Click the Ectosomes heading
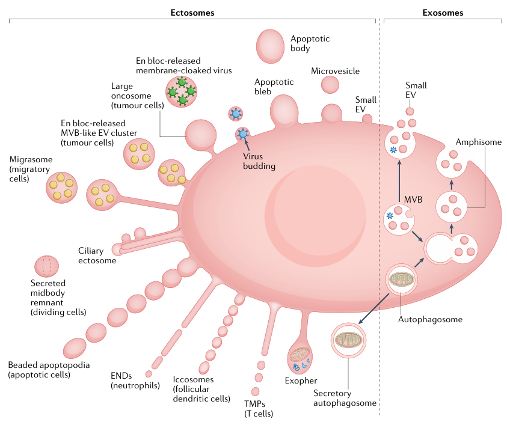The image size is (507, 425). (x=193, y=12)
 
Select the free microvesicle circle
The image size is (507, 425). (x=329, y=84)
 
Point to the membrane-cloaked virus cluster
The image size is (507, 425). (x=182, y=90)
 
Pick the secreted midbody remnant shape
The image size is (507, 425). (x=46, y=265)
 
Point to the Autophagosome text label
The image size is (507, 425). (x=430, y=319)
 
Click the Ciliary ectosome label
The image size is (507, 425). (x=97, y=255)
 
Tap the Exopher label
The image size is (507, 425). (x=301, y=381)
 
